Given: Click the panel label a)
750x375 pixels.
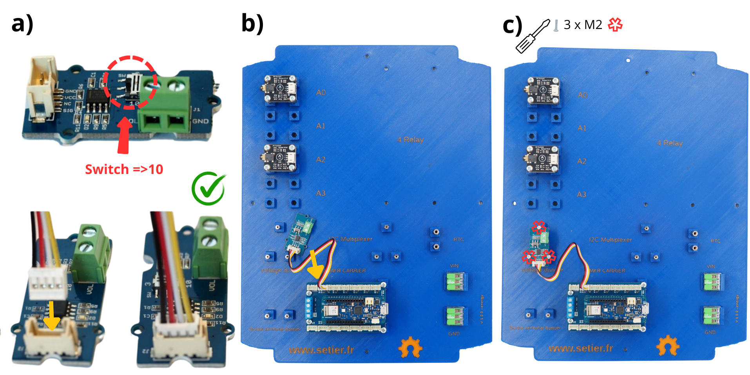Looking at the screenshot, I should pos(22,24).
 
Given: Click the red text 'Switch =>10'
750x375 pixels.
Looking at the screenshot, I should pos(124,169).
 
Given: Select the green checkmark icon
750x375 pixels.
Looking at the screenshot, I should pos(209,188).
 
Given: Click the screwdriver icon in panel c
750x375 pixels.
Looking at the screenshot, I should pos(533,36).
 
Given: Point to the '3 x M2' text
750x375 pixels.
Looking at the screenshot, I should pos(583,25).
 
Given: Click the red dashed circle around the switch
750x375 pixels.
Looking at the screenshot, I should pos(130,82).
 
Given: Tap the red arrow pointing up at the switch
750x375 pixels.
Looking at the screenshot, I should pos(124,136).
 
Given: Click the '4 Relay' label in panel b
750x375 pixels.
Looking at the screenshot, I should pos(410,139).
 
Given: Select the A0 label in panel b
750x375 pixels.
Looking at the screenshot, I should pos(321,92).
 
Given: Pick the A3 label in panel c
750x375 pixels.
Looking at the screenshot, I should pos(582,194).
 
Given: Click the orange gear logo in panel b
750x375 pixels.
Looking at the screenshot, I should pos(410,347).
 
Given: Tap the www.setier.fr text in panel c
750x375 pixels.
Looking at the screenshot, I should pos(581,348).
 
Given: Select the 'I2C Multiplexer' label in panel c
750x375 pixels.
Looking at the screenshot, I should pos(610,239).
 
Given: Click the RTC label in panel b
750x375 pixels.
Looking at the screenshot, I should pos(458,239).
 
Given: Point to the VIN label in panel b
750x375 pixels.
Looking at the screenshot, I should pos(454,266).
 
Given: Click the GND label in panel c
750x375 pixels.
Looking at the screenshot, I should pos(710,332).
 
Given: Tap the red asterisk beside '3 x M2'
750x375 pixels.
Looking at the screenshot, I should pos(615,25).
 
